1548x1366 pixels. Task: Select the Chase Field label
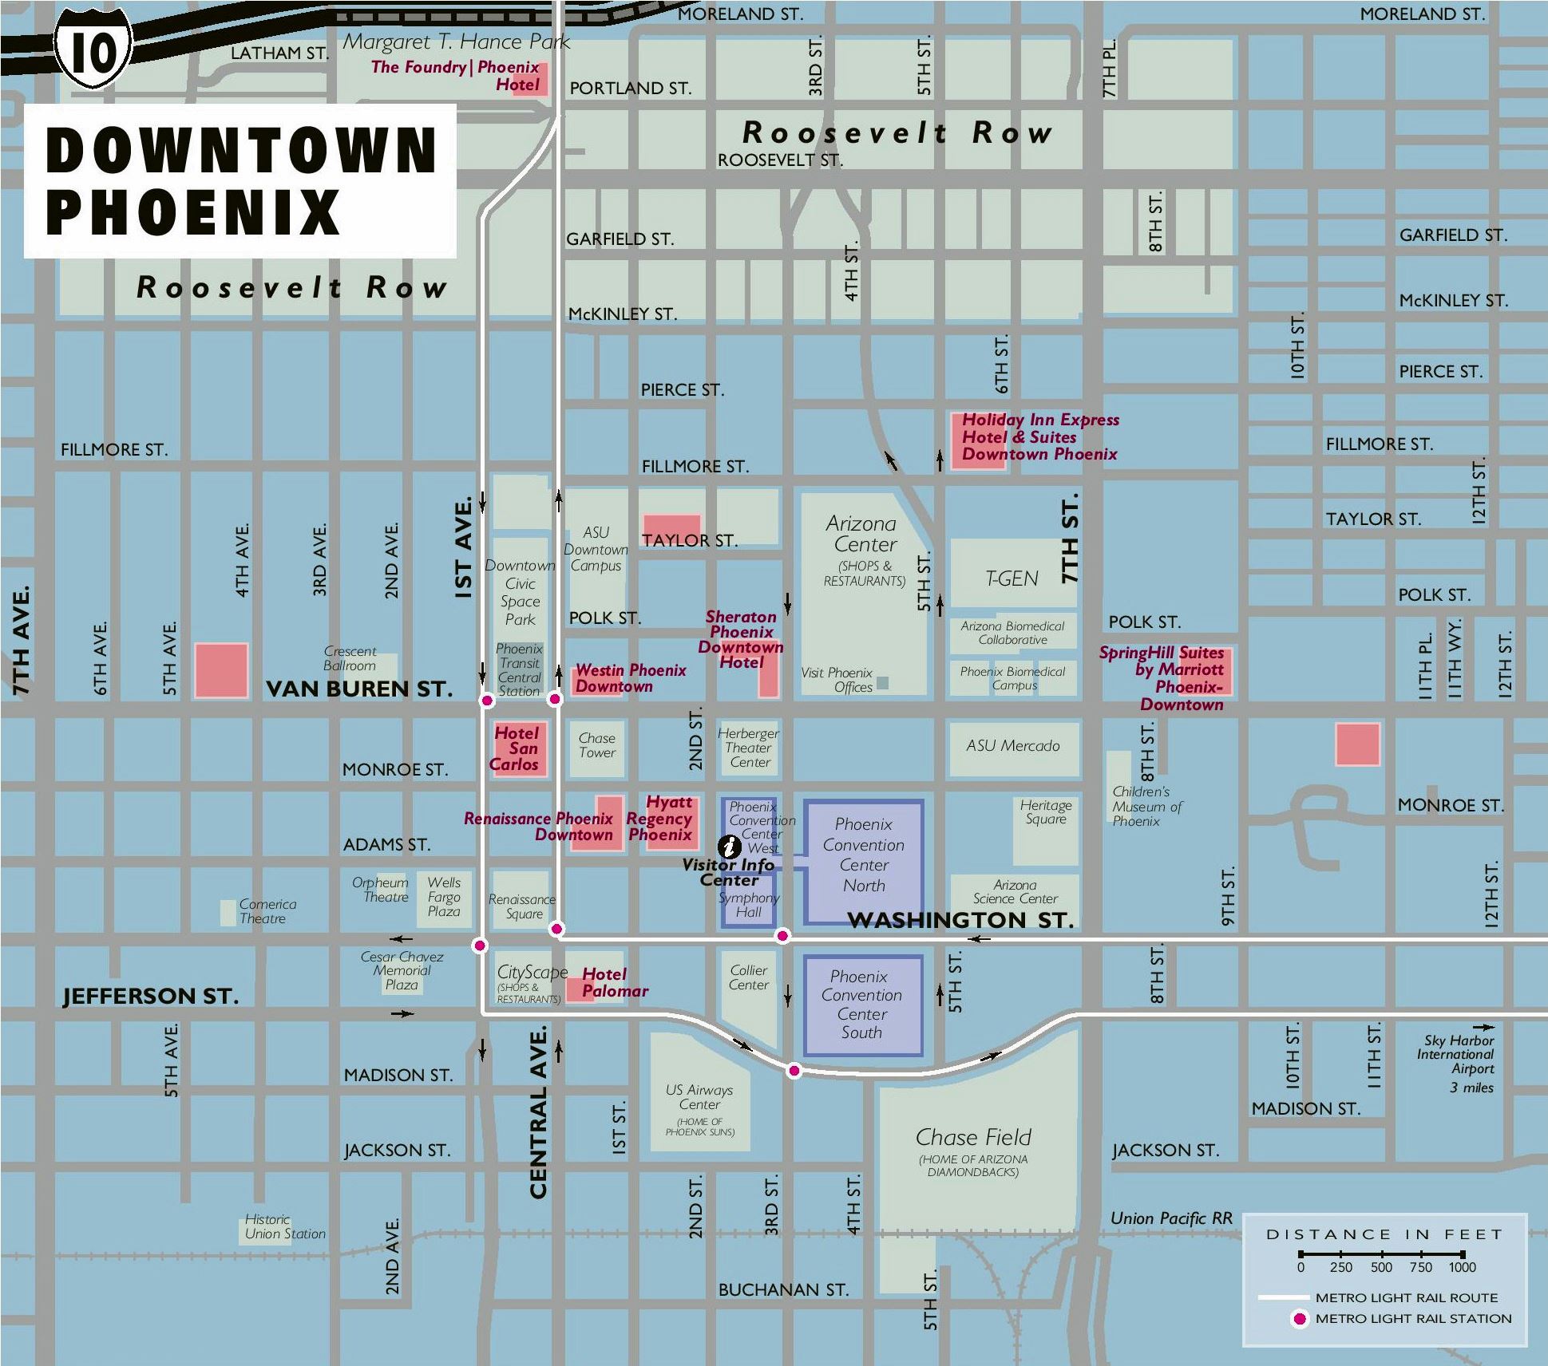(x=973, y=1137)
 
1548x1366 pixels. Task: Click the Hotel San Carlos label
(x=516, y=748)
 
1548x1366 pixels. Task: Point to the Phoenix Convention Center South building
(x=862, y=1005)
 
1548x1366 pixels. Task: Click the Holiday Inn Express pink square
(x=977, y=441)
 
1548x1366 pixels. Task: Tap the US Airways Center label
(x=699, y=1097)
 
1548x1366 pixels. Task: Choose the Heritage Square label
(x=1045, y=812)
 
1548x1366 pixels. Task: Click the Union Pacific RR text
(x=1170, y=1218)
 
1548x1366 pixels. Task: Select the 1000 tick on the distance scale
(x=1463, y=1267)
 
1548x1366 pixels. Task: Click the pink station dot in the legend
(x=1299, y=1319)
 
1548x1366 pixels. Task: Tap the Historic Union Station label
(x=285, y=1226)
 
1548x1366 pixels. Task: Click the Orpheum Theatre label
(x=381, y=890)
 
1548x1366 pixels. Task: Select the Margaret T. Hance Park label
(x=456, y=42)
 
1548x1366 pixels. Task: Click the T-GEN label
(x=1012, y=578)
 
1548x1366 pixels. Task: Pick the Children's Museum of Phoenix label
(x=1146, y=806)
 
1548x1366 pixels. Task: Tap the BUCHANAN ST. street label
(x=783, y=1289)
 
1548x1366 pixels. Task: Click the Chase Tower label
(x=597, y=745)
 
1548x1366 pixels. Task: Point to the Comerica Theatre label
(x=267, y=911)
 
